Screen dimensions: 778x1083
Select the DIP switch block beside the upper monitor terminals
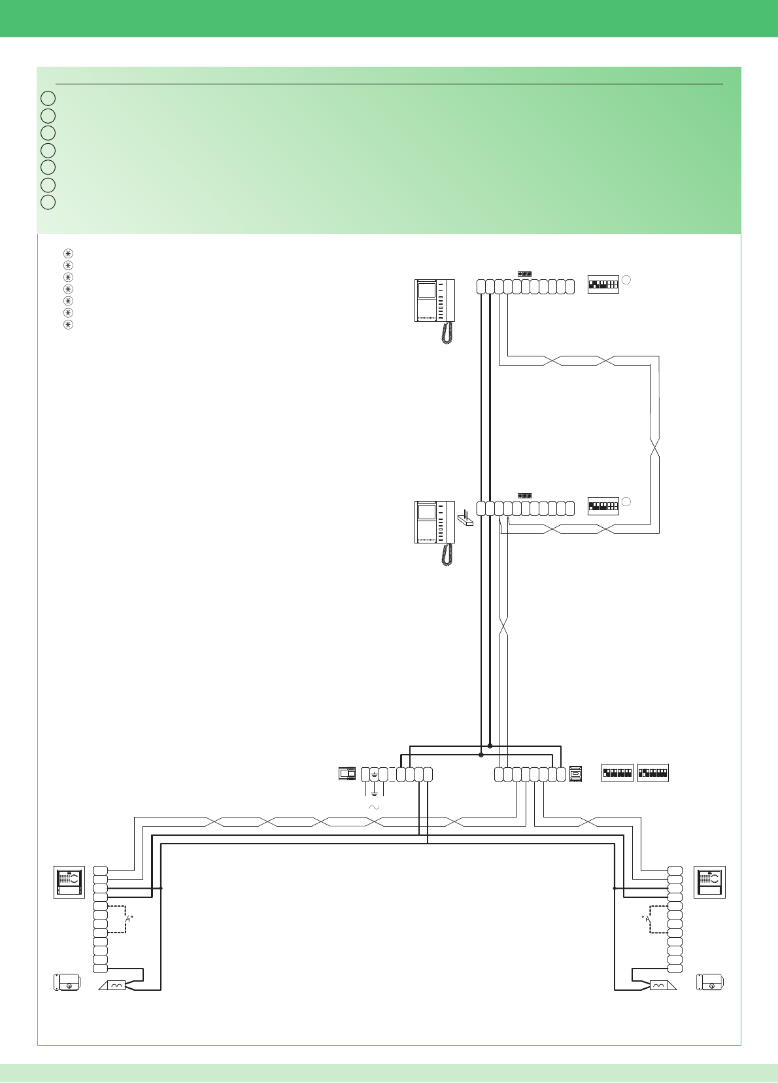click(603, 284)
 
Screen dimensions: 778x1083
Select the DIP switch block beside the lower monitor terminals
click(603, 506)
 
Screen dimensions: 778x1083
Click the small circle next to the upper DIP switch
click(626, 280)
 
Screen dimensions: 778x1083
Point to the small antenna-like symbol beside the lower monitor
click(465, 518)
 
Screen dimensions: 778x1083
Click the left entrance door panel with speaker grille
click(69, 882)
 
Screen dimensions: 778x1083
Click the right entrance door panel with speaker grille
click(709, 882)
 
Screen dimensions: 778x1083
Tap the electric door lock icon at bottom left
click(67, 982)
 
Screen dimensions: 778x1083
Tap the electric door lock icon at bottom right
click(710, 982)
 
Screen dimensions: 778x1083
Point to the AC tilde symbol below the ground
click(374, 808)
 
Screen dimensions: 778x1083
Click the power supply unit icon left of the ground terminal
click(347, 774)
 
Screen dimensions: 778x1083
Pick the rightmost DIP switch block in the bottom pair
click(652, 773)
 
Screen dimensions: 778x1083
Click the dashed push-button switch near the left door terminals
click(126, 919)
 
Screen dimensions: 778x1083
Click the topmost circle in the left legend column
click(48, 98)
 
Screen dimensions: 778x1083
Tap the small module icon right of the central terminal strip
click(575, 774)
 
